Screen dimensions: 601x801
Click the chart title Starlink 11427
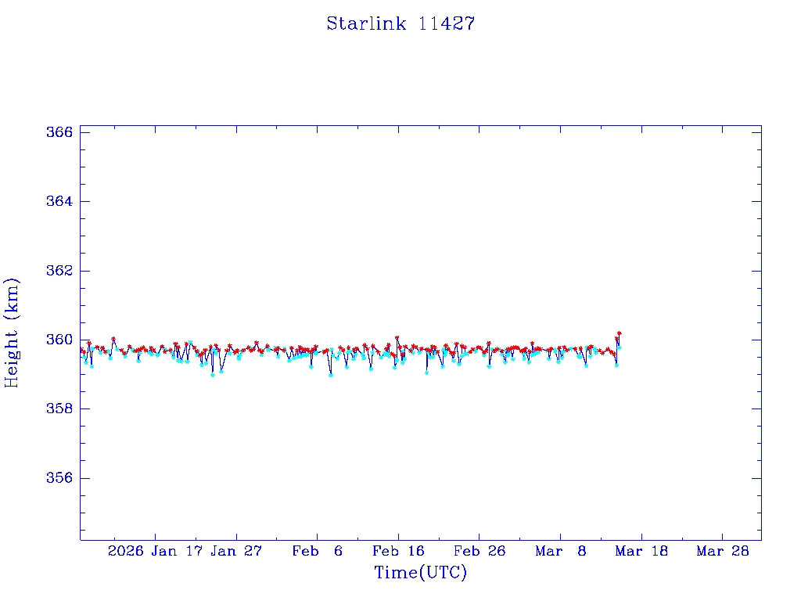click(400, 23)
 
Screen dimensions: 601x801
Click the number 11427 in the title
click(447, 23)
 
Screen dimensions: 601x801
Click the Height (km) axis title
click(12, 333)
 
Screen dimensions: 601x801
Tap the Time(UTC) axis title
click(420, 573)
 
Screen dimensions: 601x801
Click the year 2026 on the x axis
click(126, 551)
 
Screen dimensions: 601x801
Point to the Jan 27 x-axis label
click(237, 551)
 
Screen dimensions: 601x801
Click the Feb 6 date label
click(318, 551)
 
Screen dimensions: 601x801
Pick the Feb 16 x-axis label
click(399, 551)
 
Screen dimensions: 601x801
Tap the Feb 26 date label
click(480, 551)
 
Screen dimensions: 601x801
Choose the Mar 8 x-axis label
click(561, 551)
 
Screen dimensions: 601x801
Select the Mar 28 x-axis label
click(724, 551)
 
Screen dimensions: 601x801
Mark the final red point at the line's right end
click(619, 333)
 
